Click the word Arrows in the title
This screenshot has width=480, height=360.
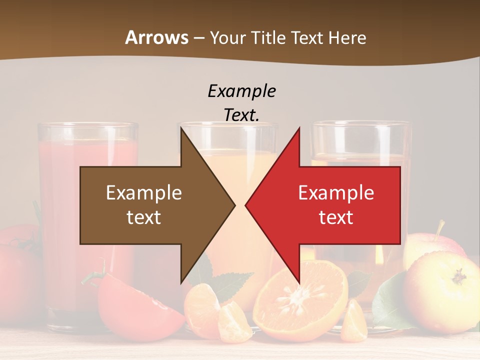click(x=156, y=37)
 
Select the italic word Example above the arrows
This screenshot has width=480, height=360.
click(x=242, y=91)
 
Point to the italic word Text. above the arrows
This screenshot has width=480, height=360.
click(x=242, y=115)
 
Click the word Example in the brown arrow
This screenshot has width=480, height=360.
click(x=144, y=193)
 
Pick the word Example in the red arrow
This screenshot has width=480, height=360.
click(x=336, y=193)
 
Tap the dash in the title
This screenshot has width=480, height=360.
click(x=199, y=38)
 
